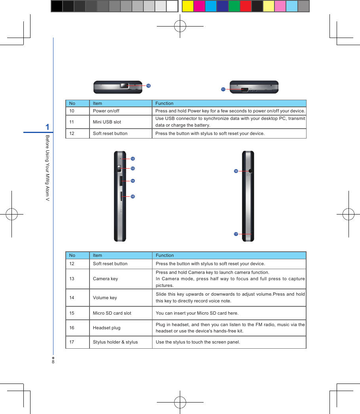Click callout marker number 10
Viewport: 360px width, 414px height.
pos(148,85)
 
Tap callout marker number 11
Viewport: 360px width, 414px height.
pos(223,89)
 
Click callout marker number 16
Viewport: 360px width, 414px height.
pos(236,171)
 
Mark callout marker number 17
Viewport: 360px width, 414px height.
pos(236,234)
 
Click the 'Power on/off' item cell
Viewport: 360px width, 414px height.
pos(106,111)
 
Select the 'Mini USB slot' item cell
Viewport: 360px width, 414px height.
pos(107,122)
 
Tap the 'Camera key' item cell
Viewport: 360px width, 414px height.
pos(105,279)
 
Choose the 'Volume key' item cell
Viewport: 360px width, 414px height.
pos(105,298)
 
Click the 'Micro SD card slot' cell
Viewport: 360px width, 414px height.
pos(112,313)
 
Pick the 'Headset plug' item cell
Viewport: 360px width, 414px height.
pos(107,328)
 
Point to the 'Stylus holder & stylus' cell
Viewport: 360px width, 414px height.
pos(115,342)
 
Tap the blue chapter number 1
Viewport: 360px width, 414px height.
pos(48,127)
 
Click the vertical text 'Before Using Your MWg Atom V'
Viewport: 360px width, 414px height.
pos(47,168)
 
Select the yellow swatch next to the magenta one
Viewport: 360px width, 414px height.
pos(188,6)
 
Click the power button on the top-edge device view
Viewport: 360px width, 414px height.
pos(124,86)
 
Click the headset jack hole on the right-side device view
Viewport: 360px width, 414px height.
pos(250,171)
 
